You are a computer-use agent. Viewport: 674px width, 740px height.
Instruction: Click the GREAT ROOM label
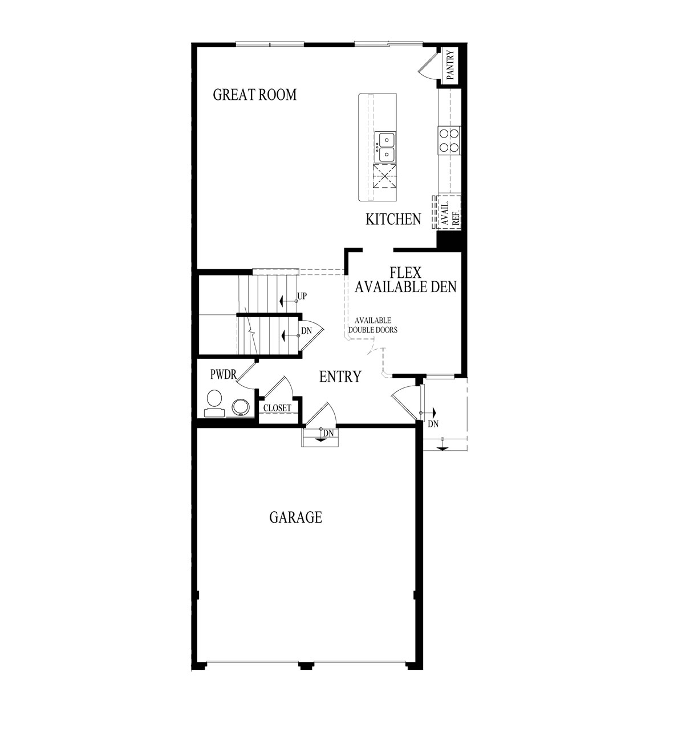[255, 95]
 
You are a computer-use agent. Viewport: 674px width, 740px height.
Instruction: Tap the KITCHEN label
[393, 219]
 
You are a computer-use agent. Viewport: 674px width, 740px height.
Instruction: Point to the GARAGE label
[295, 517]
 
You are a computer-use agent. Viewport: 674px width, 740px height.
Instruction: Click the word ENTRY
[340, 377]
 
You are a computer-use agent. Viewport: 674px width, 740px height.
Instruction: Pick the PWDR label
[223, 375]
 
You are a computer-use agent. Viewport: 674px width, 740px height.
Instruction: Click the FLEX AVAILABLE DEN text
[405, 280]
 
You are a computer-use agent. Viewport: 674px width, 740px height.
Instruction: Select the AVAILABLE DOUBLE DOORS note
[373, 325]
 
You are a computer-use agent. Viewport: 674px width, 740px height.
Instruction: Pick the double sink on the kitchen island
[385, 147]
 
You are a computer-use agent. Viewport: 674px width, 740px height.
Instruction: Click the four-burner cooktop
[449, 140]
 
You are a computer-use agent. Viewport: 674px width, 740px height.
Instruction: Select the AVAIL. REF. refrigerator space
[448, 212]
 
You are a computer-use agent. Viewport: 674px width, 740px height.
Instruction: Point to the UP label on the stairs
[302, 297]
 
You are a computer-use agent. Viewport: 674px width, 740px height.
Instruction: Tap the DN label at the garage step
[327, 434]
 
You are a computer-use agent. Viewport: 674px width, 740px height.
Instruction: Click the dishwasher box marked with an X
[385, 176]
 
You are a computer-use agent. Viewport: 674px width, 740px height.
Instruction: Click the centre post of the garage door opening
[307, 665]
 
